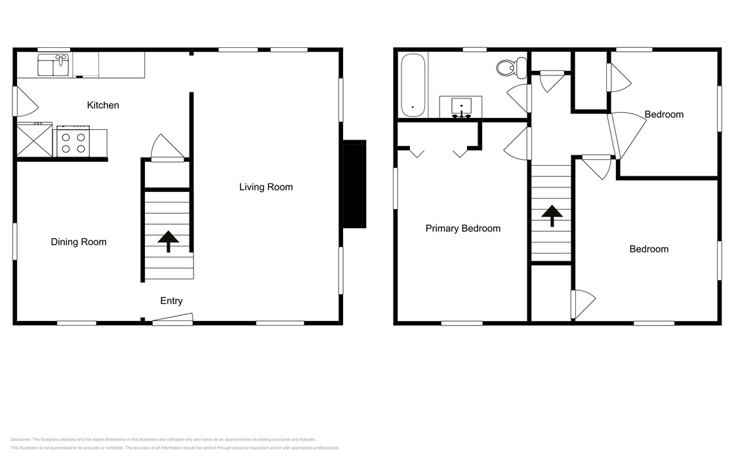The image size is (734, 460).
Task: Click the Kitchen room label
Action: [x=103, y=105]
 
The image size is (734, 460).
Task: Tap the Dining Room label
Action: [x=79, y=242]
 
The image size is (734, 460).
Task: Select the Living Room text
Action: [x=266, y=187]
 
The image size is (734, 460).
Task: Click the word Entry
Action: [x=171, y=301]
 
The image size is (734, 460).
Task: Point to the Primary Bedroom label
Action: [x=462, y=228]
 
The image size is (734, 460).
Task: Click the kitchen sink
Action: [x=54, y=66]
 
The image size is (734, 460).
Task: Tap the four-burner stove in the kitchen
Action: [x=73, y=142]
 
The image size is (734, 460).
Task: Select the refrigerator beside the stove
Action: [x=34, y=140]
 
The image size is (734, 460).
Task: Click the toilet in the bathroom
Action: [x=511, y=67]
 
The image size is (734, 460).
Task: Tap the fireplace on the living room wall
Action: [x=354, y=184]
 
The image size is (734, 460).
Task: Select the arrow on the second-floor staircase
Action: [x=552, y=216]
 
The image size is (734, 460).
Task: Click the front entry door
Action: [x=173, y=319]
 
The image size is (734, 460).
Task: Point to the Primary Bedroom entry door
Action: [x=518, y=144]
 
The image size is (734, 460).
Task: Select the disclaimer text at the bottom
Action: [x=175, y=444]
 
